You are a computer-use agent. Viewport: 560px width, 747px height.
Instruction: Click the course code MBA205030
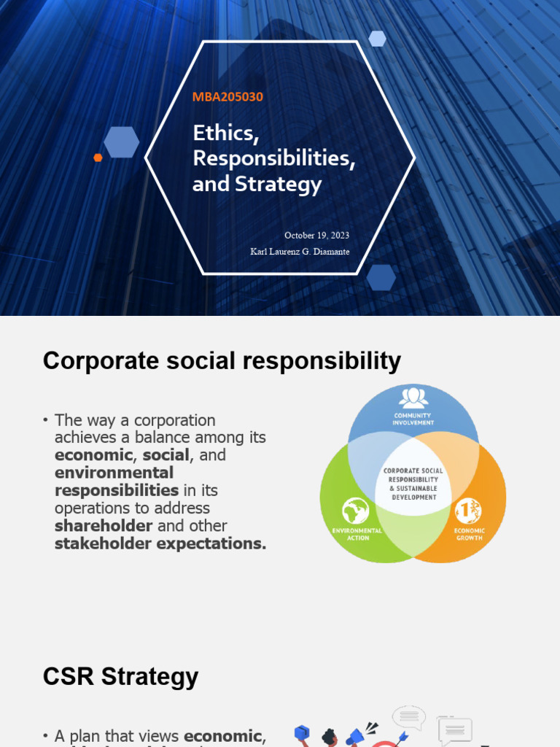[227, 96]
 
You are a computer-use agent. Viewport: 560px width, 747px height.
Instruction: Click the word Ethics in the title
[226, 133]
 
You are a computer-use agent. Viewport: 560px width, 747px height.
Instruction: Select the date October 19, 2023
[316, 235]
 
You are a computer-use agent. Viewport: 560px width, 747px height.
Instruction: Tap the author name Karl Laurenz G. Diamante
[300, 252]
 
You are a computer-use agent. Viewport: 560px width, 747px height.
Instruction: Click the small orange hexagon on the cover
[98, 157]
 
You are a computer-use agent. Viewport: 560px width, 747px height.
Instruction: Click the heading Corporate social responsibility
[222, 360]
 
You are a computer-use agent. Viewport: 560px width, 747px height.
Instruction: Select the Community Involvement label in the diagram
[413, 419]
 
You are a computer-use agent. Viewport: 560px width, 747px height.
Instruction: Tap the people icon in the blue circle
[413, 398]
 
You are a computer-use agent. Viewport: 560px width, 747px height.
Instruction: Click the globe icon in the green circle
[355, 511]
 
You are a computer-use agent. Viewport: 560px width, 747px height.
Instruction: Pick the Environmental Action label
[357, 534]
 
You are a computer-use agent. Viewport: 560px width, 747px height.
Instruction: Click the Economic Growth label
[469, 534]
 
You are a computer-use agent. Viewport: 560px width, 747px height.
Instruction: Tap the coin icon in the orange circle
[467, 511]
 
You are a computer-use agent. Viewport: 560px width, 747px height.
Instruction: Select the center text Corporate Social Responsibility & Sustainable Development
[413, 484]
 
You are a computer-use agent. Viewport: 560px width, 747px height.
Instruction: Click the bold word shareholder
[104, 526]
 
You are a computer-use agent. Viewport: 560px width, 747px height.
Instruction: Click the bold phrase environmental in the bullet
[114, 473]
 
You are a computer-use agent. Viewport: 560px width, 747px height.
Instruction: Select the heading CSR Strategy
[120, 676]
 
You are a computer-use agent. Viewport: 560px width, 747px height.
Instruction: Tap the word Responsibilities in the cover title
[273, 159]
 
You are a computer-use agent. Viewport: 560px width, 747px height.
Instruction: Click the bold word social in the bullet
[166, 455]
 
